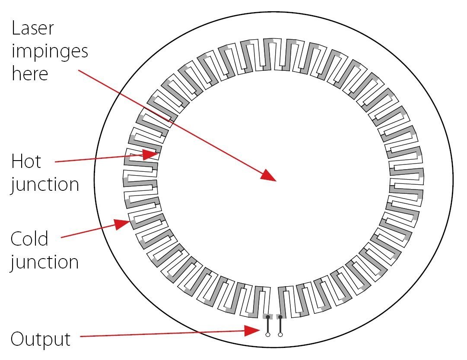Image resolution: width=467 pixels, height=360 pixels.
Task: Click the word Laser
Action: pyautogui.click(x=33, y=28)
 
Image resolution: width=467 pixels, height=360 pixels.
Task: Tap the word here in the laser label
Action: pyautogui.click(x=29, y=73)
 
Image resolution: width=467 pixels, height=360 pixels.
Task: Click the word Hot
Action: pyautogui.click(x=26, y=161)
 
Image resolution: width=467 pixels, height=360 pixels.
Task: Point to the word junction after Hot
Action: pyautogui.click(x=45, y=184)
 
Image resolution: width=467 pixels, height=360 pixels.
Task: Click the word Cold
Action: pyautogui.click(x=29, y=239)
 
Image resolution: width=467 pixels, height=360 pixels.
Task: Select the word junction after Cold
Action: pyautogui.click(x=45, y=262)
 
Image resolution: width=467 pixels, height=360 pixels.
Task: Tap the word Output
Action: pyautogui.click(x=40, y=339)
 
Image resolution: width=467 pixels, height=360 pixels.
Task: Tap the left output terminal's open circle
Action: pyautogui.click(x=268, y=335)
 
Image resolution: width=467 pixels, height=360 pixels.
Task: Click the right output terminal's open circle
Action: pyautogui.click(x=280, y=335)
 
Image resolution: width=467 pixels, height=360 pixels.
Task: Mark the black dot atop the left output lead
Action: pyautogui.click(x=268, y=317)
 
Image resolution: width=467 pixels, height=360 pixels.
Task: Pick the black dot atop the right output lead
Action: pyautogui.click(x=280, y=317)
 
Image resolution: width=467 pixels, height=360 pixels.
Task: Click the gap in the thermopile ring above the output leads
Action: pyautogui.click(x=274, y=298)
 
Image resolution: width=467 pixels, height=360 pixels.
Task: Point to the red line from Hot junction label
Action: pyautogui.click(x=99, y=158)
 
